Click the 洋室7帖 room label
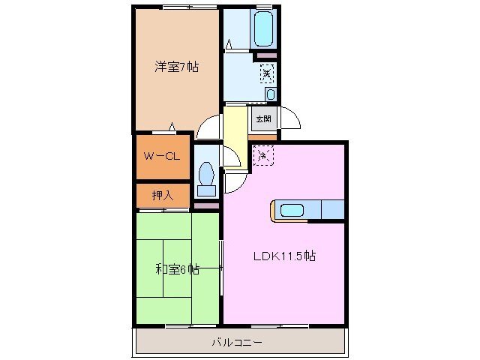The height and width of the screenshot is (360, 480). pyautogui.click(x=177, y=67)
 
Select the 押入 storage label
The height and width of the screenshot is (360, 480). pyautogui.click(x=162, y=195)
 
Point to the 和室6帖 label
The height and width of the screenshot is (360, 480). pyautogui.click(x=177, y=268)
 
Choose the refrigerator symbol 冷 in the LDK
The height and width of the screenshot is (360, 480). pyautogui.click(x=262, y=154)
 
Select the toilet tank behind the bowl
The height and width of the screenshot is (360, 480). pyautogui.click(x=205, y=190)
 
